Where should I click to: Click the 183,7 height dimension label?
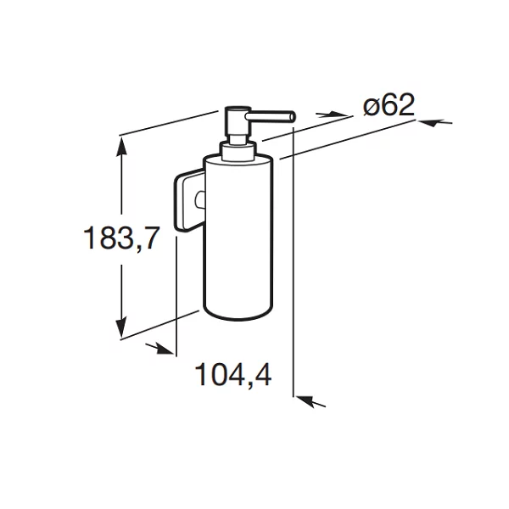(121, 238)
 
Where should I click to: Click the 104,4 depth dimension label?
(233, 375)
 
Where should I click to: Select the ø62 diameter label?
(389, 104)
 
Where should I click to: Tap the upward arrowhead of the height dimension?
(121, 147)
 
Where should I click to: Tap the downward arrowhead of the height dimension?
(121, 327)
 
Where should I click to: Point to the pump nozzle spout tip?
(292, 116)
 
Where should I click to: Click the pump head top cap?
(239, 109)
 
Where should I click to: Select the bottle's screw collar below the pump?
(238, 151)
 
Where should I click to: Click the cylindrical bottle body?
(238, 237)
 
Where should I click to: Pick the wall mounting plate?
(188, 201)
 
